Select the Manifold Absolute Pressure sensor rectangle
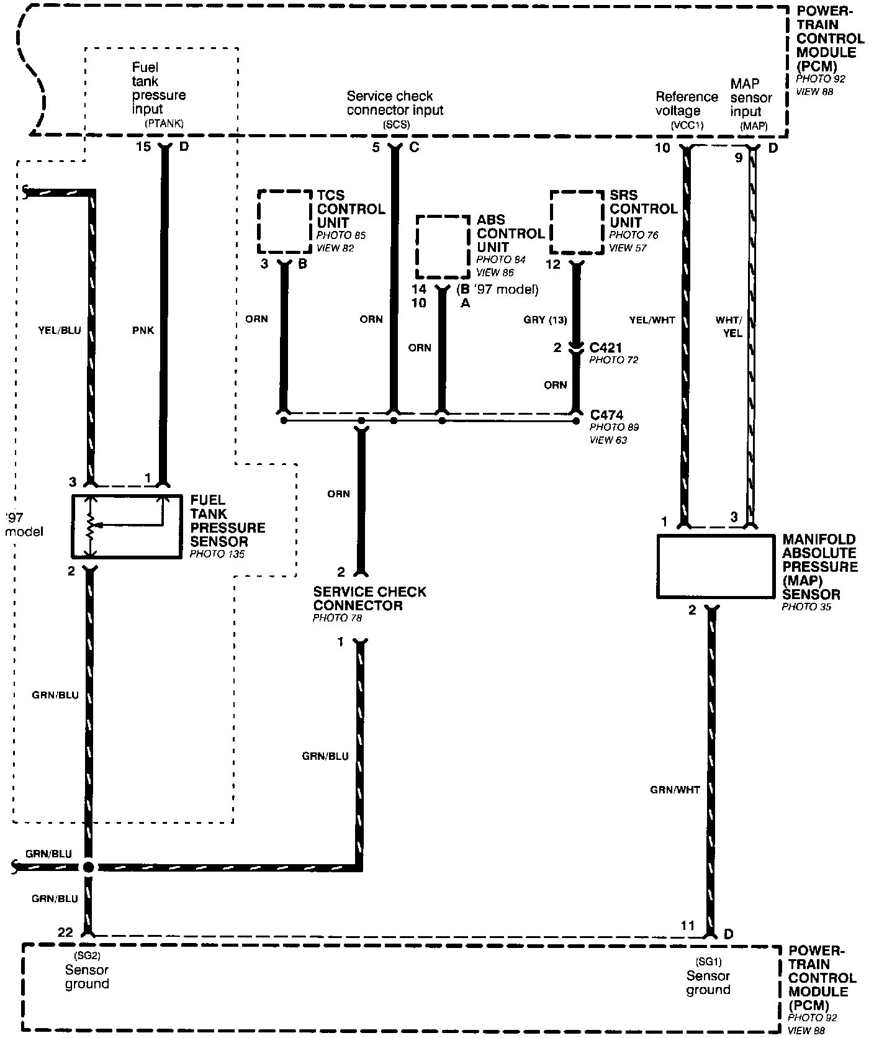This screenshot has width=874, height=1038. click(x=714, y=566)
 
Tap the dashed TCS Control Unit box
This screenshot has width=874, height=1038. click(x=285, y=222)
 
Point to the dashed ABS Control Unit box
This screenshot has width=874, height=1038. click(x=443, y=248)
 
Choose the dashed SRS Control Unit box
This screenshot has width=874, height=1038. click(x=577, y=222)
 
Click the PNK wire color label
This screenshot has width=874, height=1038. click(x=143, y=330)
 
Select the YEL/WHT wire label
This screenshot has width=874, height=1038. click(x=652, y=320)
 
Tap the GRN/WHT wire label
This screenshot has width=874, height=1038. click(x=675, y=790)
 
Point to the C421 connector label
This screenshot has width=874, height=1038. click(x=606, y=348)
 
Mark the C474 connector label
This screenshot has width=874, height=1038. click(x=606, y=415)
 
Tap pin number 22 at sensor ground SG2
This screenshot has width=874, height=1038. click(x=65, y=932)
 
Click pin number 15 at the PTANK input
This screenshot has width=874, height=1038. click(x=143, y=147)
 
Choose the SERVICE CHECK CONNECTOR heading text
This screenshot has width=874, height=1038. click(x=369, y=598)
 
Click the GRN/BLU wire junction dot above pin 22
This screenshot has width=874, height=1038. click(x=88, y=867)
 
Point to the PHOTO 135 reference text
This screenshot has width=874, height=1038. click(x=217, y=554)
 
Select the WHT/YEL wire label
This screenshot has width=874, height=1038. click(x=729, y=327)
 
